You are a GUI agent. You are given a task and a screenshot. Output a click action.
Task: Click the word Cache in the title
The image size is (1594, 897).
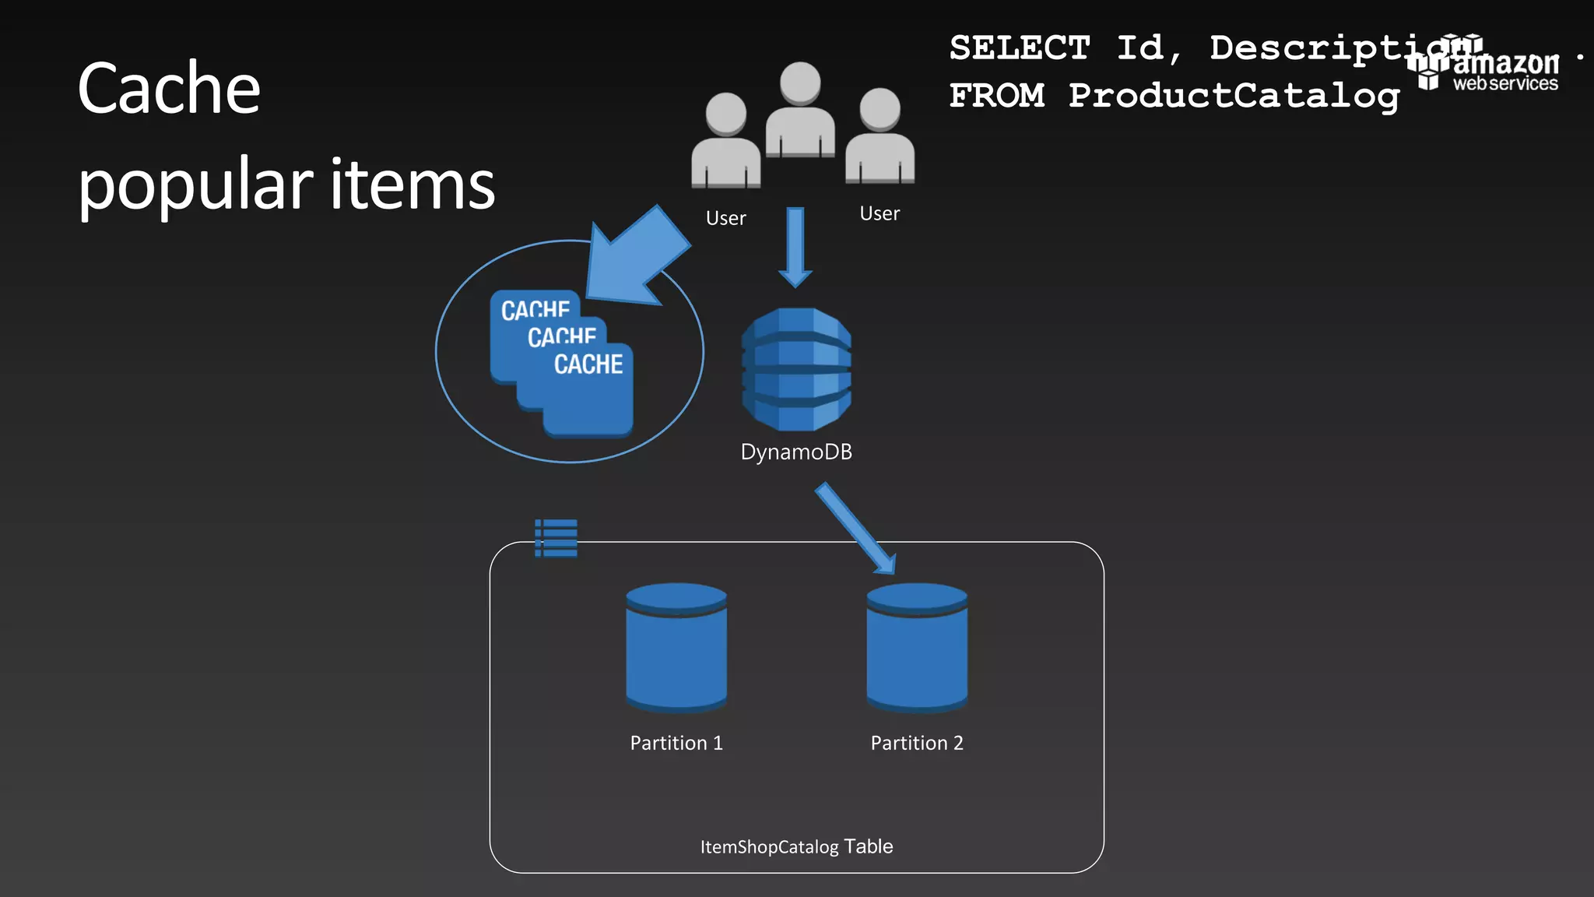[x=169, y=89]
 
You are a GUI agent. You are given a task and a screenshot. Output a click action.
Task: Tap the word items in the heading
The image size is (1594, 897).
[x=413, y=185]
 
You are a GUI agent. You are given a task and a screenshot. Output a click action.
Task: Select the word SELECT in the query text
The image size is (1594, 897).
[x=1020, y=48]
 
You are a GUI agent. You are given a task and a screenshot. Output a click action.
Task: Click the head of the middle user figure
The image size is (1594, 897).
[x=800, y=83]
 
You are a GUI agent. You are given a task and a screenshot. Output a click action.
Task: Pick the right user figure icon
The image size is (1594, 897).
[x=880, y=137]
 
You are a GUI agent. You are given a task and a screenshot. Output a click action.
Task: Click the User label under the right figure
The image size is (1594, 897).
[x=880, y=213]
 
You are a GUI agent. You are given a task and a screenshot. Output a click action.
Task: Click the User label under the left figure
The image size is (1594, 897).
[x=725, y=218]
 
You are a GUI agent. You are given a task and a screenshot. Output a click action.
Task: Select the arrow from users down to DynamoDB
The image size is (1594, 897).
[x=795, y=246]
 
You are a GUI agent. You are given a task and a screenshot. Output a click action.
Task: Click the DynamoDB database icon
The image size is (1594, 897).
[x=796, y=369]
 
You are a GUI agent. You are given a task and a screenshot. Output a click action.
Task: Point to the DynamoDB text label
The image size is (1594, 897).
[x=796, y=452]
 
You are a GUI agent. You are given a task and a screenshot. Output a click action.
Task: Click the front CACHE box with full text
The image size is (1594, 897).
[x=588, y=389]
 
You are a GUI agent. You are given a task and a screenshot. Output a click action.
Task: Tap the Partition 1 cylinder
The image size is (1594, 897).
[x=676, y=648]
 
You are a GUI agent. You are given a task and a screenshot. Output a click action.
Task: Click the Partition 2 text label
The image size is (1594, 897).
[x=917, y=743]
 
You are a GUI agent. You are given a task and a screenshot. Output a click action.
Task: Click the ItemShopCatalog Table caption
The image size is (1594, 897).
[x=796, y=846]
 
